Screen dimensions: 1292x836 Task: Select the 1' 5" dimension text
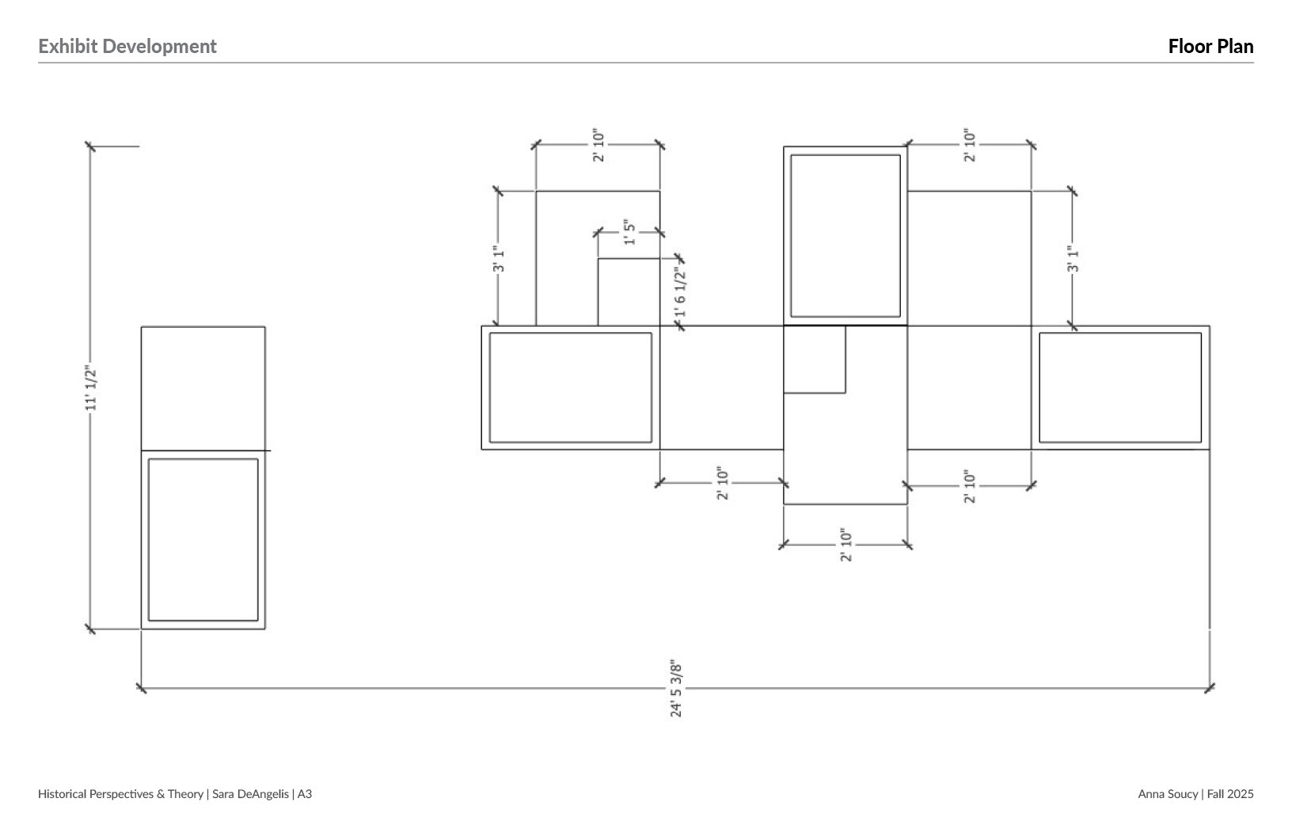pos(630,232)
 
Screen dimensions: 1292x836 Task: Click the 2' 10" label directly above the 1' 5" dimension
pos(598,145)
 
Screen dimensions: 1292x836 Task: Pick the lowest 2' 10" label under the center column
pos(846,545)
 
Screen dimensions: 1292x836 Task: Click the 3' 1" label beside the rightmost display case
pos(1073,259)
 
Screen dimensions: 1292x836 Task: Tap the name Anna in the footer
pos(1152,793)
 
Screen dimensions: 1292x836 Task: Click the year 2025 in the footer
pos(1241,793)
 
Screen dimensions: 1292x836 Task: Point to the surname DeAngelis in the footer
pos(262,793)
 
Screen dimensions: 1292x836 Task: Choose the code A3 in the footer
pos(305,793)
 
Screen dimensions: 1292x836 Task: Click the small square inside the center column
pos(815,359)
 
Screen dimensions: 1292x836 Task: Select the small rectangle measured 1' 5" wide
pos(629,291)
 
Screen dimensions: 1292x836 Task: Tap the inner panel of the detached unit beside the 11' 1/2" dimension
pos(203,539)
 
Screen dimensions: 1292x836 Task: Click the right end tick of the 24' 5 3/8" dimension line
pos(1210,688)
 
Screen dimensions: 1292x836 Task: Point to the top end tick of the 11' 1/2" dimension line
pos(90,146)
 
